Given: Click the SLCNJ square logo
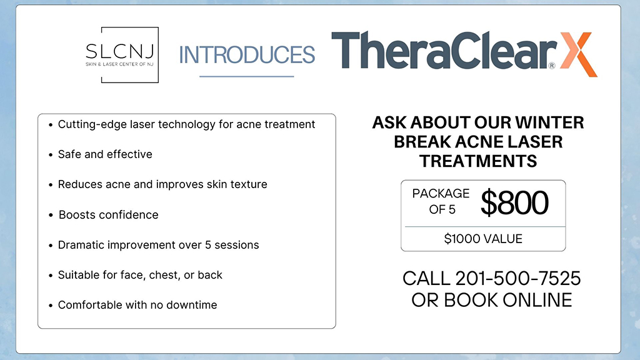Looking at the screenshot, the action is pyautogui.click(x=122, y=55).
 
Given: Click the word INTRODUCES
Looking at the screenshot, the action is pyautogui.click(x=247, y=55).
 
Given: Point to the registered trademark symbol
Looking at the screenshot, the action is pyautogui.click(x=552, y=65).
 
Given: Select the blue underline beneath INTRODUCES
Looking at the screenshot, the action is pyautogui.click(x=246, y=76).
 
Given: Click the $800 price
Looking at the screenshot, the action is pyautogui.click(x=514, y=203).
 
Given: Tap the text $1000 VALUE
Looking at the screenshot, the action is pyautogui.click(x=483, y=239).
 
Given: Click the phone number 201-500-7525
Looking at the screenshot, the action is pyautogui.click(x=518, y=278).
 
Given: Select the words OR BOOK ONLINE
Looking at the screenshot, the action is pyautogui.click(x=491, y=301).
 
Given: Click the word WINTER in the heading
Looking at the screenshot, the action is pyautogui.click(x=549, y=122).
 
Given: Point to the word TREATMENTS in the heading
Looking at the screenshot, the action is pyautogui.click(x=478, y=161).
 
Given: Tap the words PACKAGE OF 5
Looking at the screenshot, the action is pyautogui.click(x=441, y=201).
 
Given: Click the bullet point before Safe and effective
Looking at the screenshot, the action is pyautogui.click(x=51, y=155).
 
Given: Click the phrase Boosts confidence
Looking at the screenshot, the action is pyautogui.click(x=109, y=215).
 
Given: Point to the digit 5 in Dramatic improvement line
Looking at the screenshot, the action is pyautogui.click(x=207, y=245).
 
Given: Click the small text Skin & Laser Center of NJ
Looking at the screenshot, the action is pyautogui.click(x=119, y=64).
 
